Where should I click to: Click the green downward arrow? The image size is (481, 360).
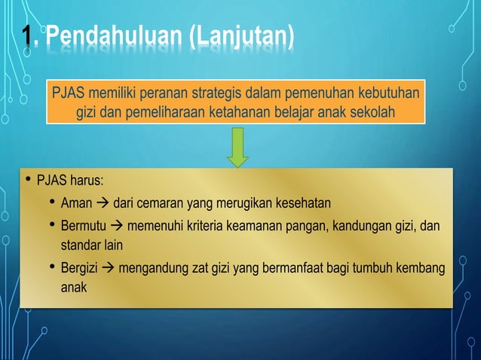tap(238, 147)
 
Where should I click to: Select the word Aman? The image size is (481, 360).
tap(76, 203)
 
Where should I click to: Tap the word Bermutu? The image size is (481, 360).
tap(83, 226)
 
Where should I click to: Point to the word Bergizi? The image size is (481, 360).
tap(80, 269)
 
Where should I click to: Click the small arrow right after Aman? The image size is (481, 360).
tap(103, 203)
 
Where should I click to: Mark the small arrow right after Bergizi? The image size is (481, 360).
tap(109, 269)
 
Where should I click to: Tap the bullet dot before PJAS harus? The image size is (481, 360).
tap(26, 181)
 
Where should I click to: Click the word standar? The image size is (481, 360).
tap(82, 245)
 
